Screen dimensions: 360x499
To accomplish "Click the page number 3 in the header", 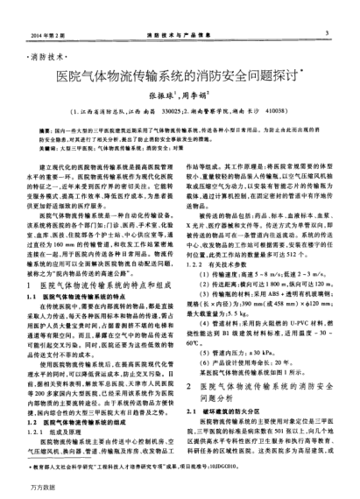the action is click(326, 33).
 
